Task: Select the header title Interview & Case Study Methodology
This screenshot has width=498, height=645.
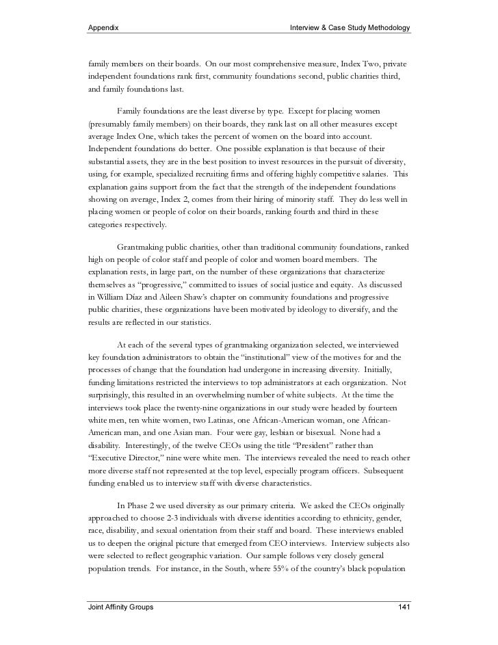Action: [x=350, y=28]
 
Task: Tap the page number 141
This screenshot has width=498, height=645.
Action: [x=404, y=607]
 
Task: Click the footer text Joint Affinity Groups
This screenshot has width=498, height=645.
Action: [x=120, y=607]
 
